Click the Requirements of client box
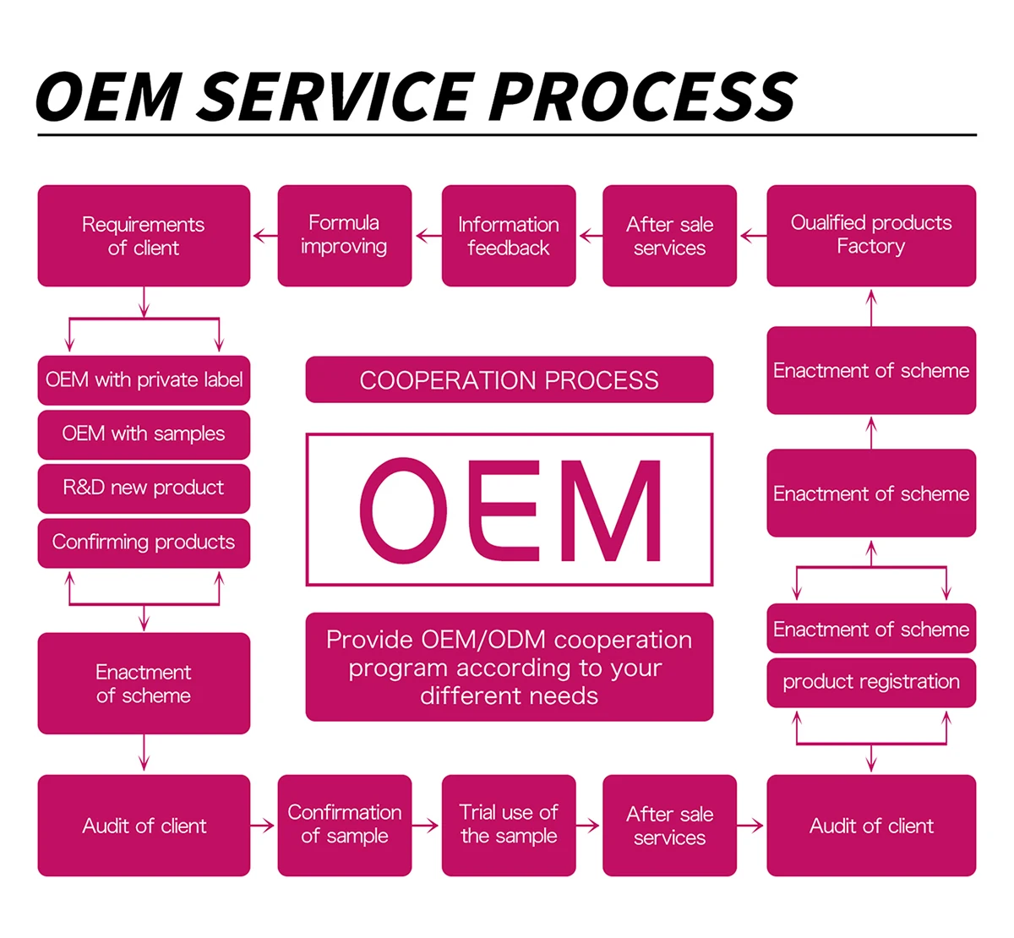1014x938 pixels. [144, 236]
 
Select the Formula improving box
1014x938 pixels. [344, 236]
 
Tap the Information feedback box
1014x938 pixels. [508, 236]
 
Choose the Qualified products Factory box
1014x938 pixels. [870, 236]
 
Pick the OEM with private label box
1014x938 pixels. [144, 380]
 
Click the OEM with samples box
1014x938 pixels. [144, 434]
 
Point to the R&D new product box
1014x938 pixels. [144, 488]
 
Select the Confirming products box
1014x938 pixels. [144, 543]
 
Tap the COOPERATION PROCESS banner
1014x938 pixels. [509, 380]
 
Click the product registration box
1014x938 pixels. [870, 682]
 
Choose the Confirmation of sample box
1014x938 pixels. [344, 825]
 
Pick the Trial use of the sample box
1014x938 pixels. [508, 825]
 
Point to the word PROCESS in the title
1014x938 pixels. [642, 95]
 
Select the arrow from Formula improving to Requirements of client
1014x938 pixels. [264, 237]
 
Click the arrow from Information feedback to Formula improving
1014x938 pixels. [428, 237]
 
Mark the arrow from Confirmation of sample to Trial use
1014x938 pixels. [427, 826]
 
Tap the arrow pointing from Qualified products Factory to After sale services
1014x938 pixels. [752, 237]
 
